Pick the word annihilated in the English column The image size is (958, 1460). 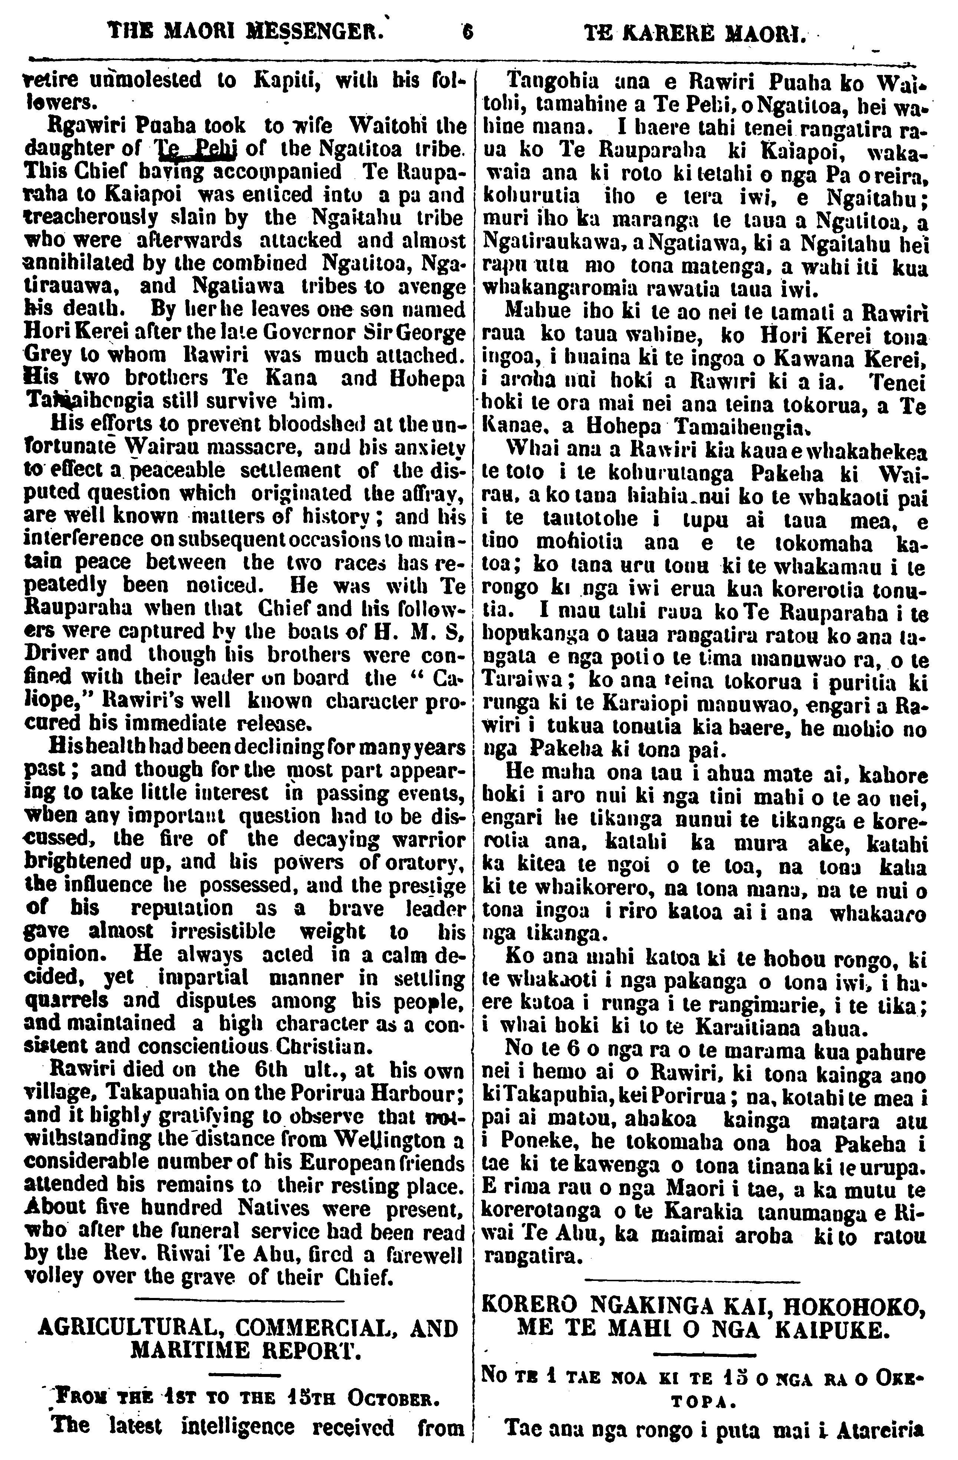coord(80,263)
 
